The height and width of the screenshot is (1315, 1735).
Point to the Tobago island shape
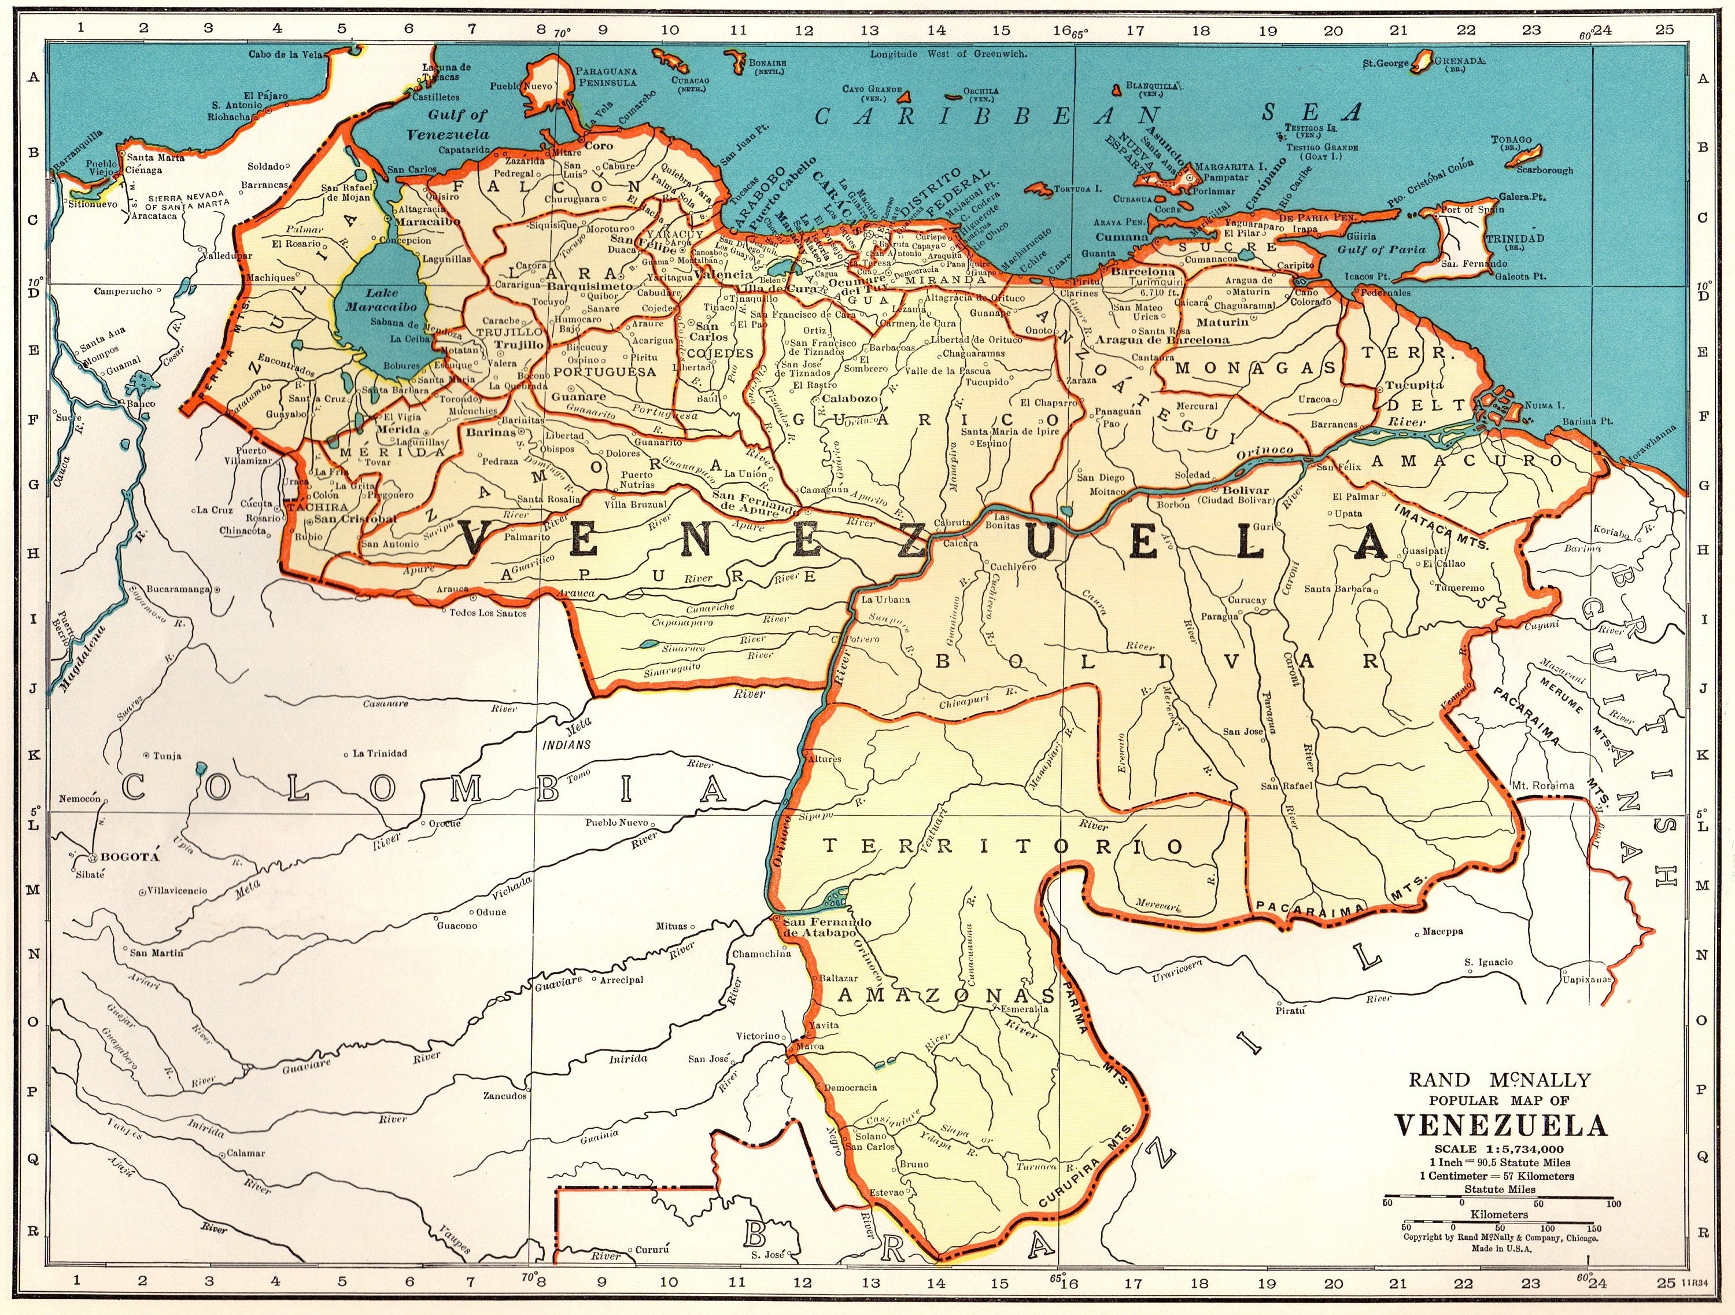(1525, 154)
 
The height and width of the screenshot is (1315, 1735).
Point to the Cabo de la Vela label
(286, 54)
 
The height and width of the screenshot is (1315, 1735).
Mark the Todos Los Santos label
(487, 613)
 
